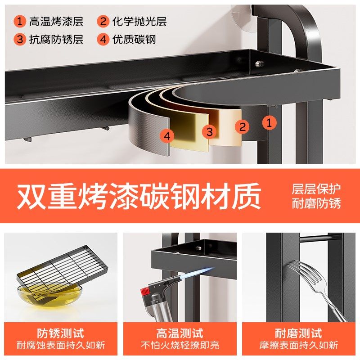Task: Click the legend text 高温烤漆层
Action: coord(56,21)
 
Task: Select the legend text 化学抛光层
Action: coord(139,21)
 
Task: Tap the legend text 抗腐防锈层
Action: coord(56,39)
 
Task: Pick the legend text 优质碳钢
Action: coord(134,39)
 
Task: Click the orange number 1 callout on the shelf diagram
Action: coord(269,122)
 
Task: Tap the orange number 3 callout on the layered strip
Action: coord(209,132)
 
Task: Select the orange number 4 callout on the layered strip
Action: coord(167,136)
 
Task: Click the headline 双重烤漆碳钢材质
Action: coord(139,196)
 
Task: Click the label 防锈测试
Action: coord(61,333)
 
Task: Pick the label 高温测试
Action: coord(180,333)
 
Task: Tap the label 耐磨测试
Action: coord(299,333)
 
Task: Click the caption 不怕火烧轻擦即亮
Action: coord(180,346)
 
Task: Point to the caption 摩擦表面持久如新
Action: coord(299,346)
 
